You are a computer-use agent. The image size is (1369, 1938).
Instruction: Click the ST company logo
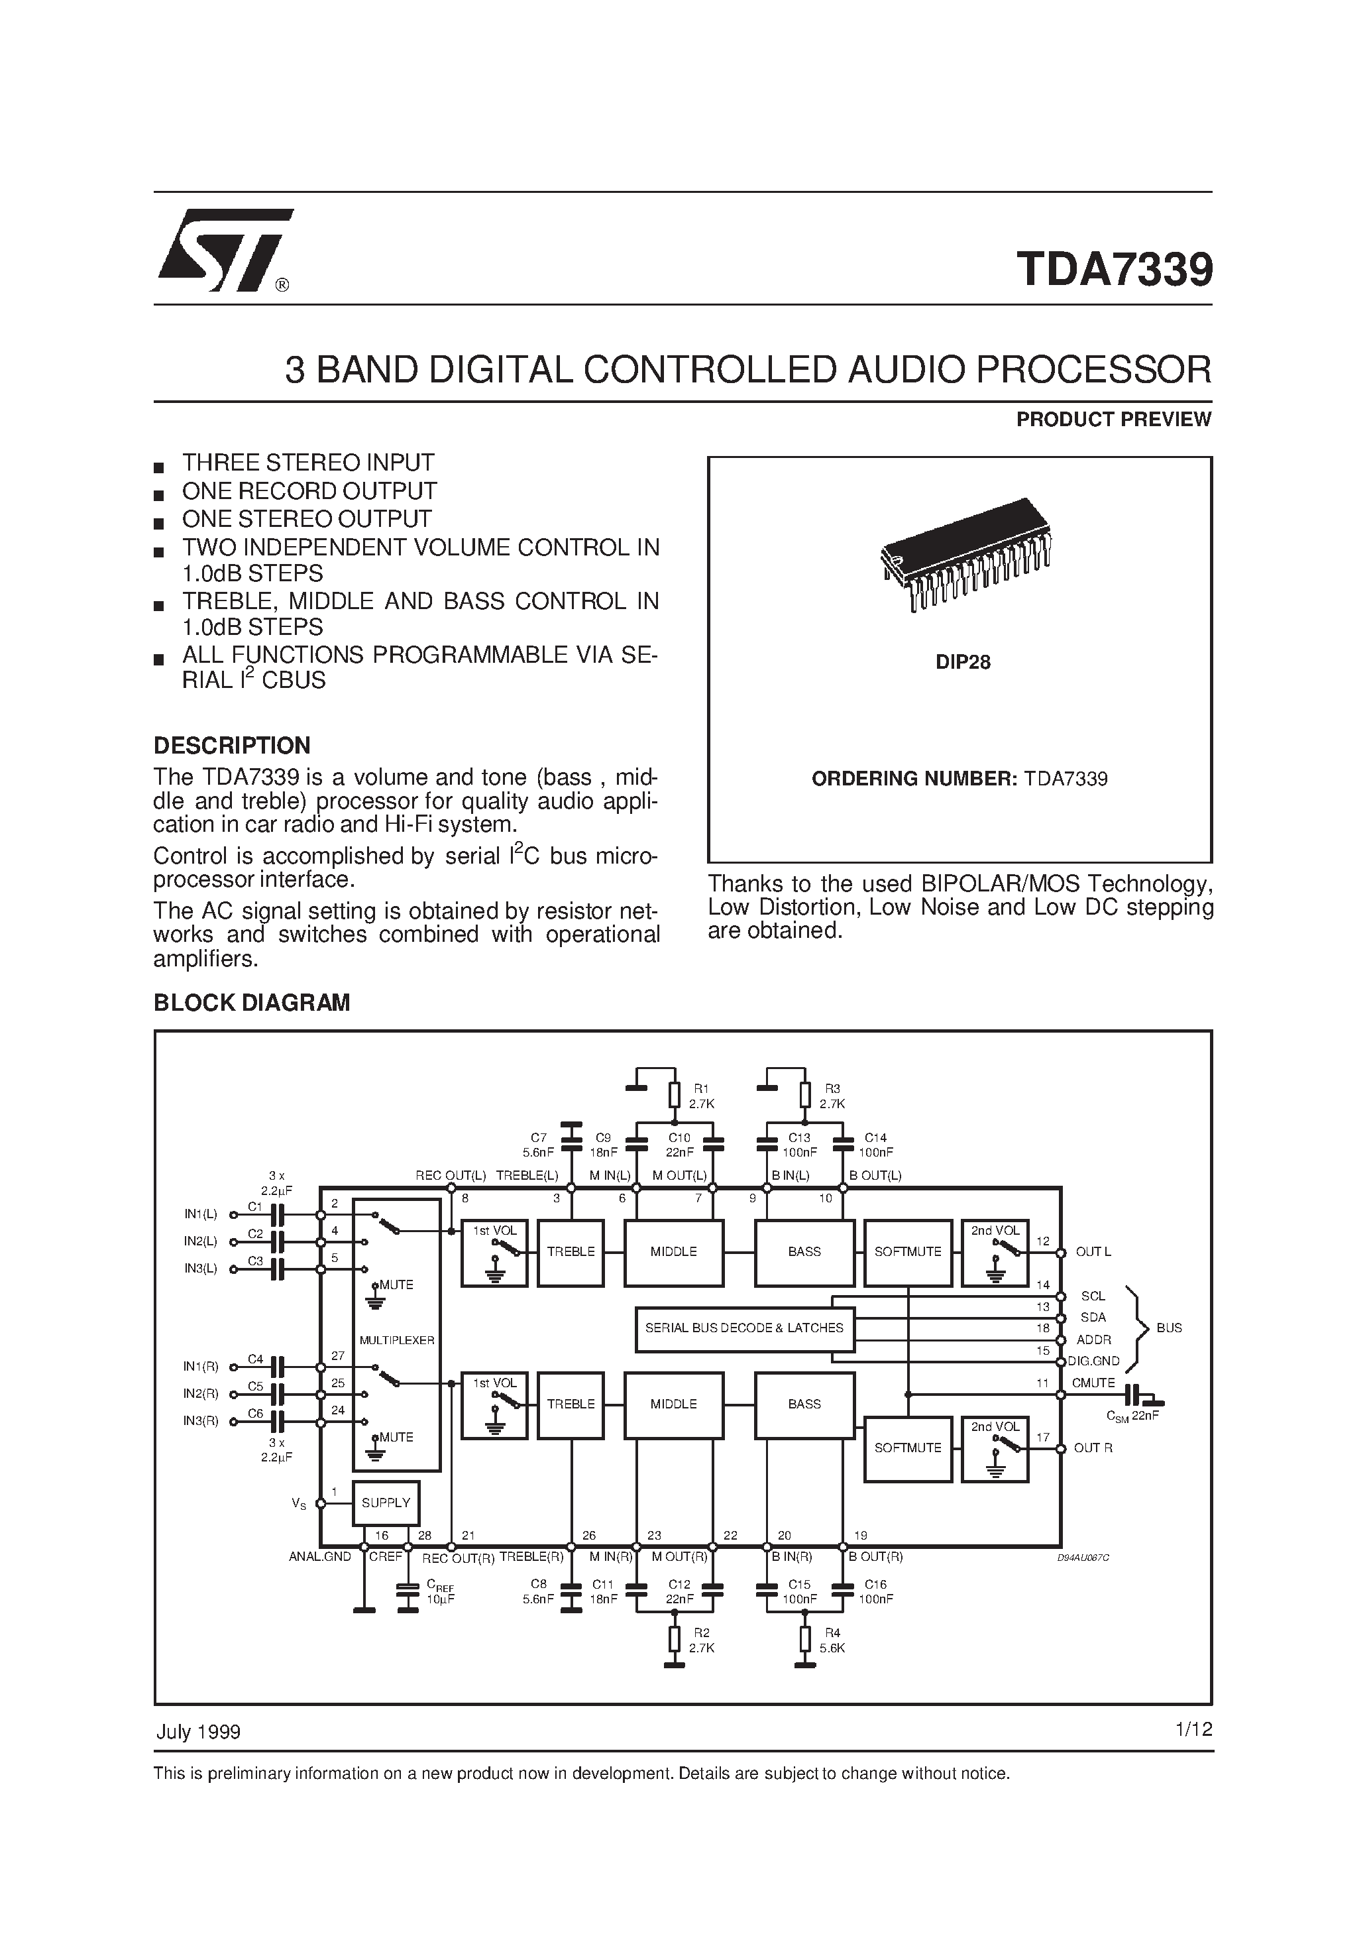pyautogui.click(x=225, y=250)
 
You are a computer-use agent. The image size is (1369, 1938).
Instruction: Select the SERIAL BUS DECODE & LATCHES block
pyautogui.click(x=743, y=1328)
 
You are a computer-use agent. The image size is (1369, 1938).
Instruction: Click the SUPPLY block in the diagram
pyautogui.click(x=386, y=1503)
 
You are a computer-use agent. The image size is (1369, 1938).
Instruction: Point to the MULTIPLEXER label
pyautogui.click(x=397, y=1339)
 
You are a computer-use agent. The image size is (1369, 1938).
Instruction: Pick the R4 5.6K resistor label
pyautogui.click(x=832, y=1640)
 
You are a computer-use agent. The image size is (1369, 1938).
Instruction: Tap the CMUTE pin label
pyautogui.click(x=1093, y=1383)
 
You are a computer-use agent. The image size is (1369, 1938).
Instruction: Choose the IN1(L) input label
pyautogui.click(x=201, y=1214)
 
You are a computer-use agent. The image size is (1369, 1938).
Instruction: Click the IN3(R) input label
pyautogui.click(x=201, y=1420)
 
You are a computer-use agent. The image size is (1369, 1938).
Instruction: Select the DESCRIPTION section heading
pyautogui.click(x=232, y=746)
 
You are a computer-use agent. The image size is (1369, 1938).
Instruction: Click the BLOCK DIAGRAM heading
pyautogui.click(x=252, y=1002)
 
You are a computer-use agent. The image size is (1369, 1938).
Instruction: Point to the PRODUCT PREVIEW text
pyautogui.click(x=1113, y=420)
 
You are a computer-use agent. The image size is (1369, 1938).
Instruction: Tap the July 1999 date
pyautogui.click(x=198, y=1731)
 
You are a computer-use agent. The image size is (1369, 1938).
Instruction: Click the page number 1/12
pyautogui.click(x=1193, y=1729)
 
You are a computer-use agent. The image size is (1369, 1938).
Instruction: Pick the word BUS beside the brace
pyautogui.click(x=1169, y=1328)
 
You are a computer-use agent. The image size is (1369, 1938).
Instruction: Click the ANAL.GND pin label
pyautogui.click(x=320, y=1556)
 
